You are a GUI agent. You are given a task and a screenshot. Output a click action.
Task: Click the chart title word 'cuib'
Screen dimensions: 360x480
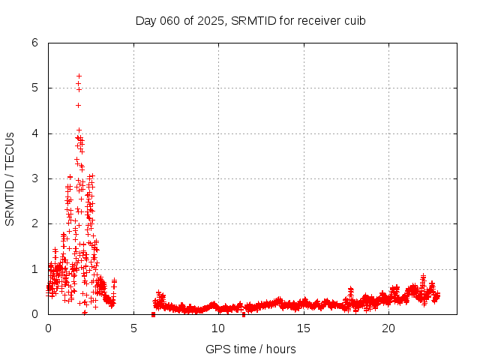pyautogui.click(x=354, y=20)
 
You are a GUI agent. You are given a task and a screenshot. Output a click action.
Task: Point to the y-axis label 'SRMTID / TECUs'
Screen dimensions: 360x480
pyautogui.click(x=10, y=178)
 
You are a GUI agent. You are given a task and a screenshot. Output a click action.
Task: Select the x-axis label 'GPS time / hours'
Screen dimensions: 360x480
pyautogui.click(x=250, y=349)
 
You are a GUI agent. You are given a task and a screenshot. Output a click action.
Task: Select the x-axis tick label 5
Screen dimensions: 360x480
pyautogui.click(x=133, y=328)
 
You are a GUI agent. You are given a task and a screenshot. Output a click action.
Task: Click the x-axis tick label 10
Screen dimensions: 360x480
pyautogui.click(x=218, y=328)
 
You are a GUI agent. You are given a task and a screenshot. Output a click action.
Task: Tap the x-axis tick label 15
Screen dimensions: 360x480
pyautogui.click(x=304, y=328)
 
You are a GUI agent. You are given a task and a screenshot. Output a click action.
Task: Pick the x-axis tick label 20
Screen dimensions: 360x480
pyautogui.click(x=388, y=328)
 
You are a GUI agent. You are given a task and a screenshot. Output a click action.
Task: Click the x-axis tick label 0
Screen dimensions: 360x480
pyautogui.click(x=49, y=328)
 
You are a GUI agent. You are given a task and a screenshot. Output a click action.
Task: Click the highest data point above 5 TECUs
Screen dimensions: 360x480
pyautogui.click(x=79, y=76)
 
